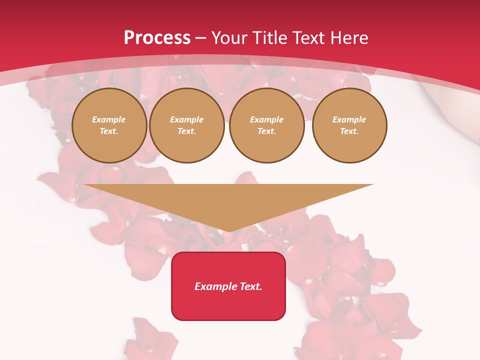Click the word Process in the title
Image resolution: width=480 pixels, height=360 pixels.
(157, 38)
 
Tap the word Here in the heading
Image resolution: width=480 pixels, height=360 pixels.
(348, 38)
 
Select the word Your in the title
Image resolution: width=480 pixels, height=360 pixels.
(229, 38)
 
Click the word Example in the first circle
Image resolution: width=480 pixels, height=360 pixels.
(109, 120)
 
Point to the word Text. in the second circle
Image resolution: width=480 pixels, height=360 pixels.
(187, 131)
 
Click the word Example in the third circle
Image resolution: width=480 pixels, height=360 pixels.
(267, 120)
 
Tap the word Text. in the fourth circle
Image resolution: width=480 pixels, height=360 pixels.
(349, 131)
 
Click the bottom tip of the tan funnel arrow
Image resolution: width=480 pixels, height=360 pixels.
(229, 231)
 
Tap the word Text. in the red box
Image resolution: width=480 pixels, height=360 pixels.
(250, 286)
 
